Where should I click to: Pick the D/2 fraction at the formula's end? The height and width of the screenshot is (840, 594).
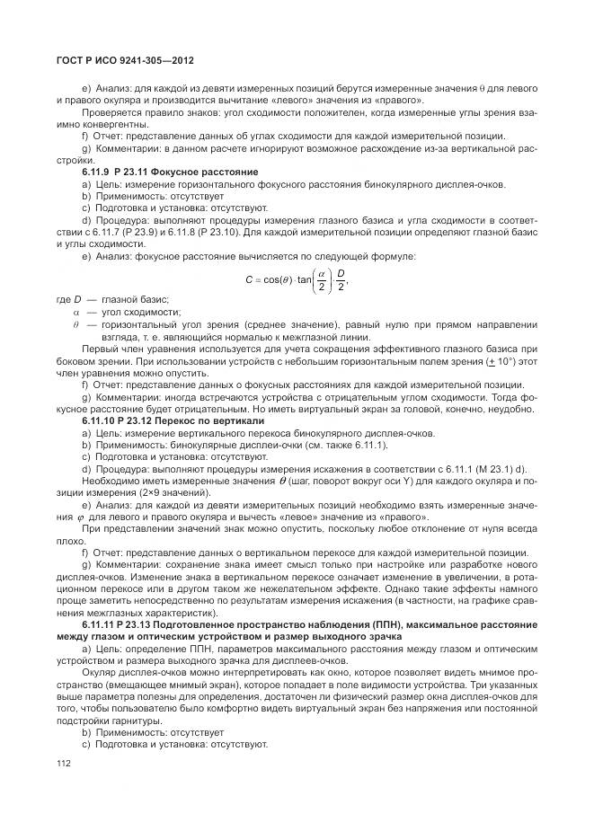(x=340, y=279)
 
